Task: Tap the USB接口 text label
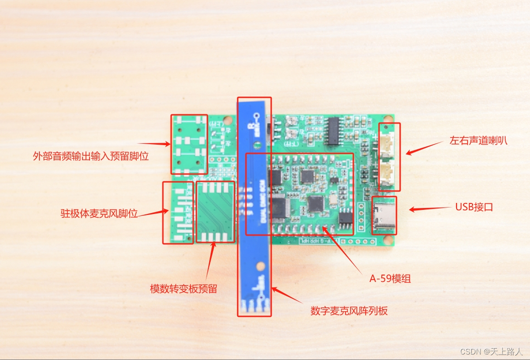474,207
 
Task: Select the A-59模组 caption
390,278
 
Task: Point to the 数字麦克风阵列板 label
349,311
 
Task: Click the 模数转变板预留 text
184,289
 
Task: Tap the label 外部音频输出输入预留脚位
91,156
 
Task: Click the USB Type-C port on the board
384,215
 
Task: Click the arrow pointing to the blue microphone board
286,296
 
